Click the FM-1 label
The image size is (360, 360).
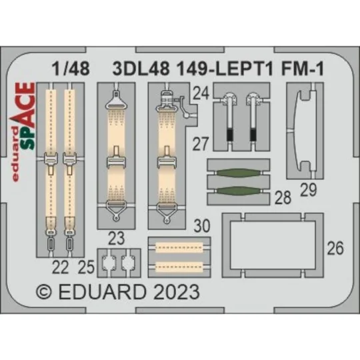point(288,68)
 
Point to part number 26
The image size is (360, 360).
point(335,249)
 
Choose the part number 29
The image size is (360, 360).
point(307,191)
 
